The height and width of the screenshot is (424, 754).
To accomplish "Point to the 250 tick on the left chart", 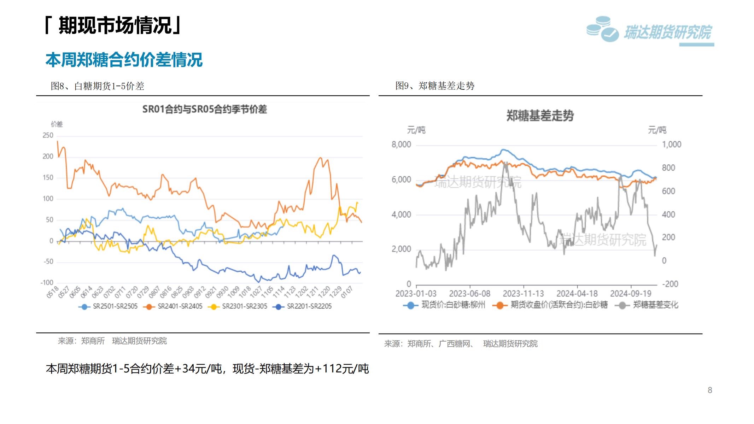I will coord(48,135).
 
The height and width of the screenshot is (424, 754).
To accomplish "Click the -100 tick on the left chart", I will coord(47,283).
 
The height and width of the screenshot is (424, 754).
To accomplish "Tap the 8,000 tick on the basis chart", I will coord(401,145).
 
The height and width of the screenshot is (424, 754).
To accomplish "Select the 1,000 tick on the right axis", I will coord(671,145).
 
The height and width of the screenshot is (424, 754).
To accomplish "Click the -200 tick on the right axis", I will coord(670,284).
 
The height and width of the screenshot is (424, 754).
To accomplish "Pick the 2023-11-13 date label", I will coord(523,294).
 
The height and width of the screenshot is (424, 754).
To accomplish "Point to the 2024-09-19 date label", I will coord(631,294).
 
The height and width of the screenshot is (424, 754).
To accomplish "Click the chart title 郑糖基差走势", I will coord(540,116).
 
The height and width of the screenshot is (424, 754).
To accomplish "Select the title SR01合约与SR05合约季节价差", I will coord(204,109).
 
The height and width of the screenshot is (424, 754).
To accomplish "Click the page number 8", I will coord(710,390).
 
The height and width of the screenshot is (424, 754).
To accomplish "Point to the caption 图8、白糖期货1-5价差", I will coord(98,86).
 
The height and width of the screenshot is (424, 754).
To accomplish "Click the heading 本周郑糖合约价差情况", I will coord(124,60).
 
